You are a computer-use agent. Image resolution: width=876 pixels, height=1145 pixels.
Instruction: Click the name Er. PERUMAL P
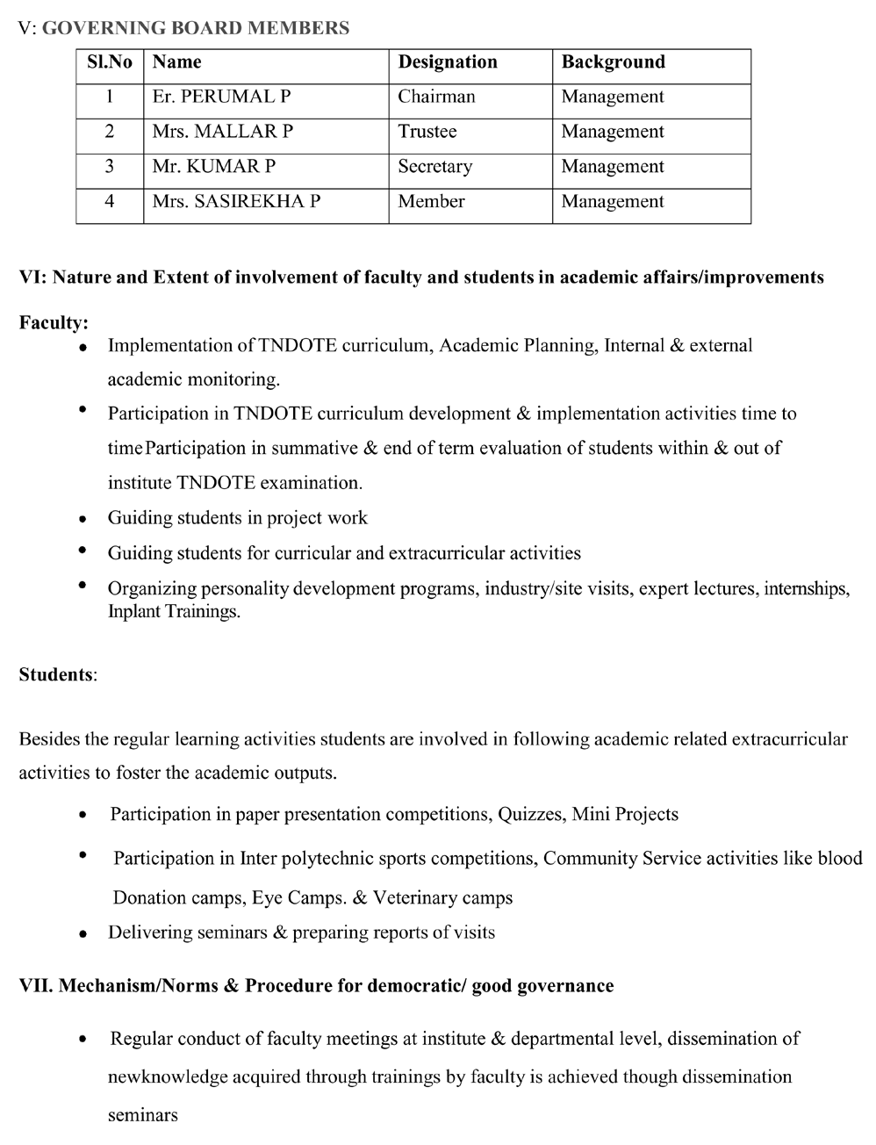[x=221, y=97]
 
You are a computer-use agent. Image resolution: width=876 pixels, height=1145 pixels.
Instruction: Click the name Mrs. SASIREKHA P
[x=236, y=201]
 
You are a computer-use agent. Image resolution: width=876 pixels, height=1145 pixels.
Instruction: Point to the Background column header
[x=613, y=62]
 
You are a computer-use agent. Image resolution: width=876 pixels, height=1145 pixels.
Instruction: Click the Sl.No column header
[x=110, y=62]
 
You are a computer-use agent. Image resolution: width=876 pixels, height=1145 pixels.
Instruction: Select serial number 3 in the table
[x=110, y=167]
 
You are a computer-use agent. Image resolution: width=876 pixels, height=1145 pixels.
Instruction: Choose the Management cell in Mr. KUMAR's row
[x=613, y=167]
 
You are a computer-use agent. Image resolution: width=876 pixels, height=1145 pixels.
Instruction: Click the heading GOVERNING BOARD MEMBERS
[x=195, y=28]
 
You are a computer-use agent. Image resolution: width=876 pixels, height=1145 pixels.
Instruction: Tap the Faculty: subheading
[x=54, y=323]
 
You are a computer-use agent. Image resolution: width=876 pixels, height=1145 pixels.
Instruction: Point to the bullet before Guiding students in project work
[x=83, y=519]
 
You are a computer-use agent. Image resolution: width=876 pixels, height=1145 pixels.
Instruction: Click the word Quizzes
[x=530, y=814]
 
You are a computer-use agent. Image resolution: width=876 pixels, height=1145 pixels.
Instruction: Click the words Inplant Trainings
[x=174, y=611]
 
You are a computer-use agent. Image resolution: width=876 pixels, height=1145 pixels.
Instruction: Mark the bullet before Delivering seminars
[x=83, y=934]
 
